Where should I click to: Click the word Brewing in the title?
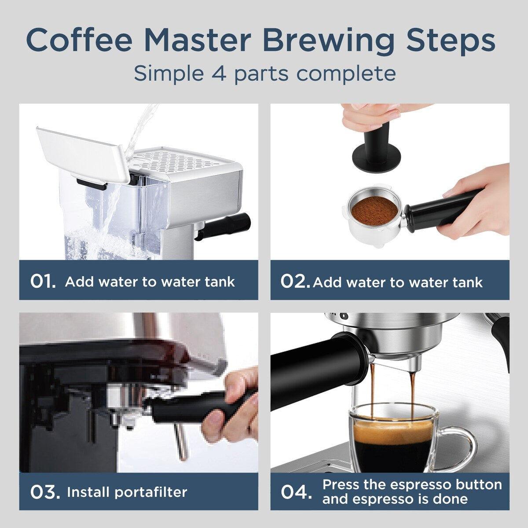329,40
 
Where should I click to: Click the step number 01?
43,282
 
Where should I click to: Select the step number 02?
295,282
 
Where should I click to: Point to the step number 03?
45,492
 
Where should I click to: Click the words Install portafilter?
127,492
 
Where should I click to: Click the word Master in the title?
197,40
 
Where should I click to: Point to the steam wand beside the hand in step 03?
180,440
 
